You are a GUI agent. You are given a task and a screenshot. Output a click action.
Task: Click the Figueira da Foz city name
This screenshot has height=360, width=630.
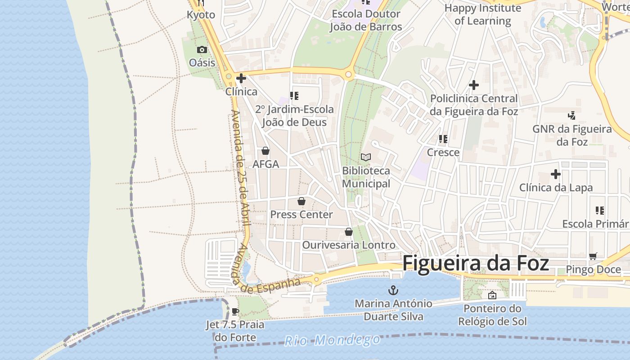click(476, 263)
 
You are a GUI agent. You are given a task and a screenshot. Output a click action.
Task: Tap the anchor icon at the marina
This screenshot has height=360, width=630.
click(393, 290)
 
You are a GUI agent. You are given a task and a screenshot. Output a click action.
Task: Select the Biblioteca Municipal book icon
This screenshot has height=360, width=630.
click(366, 157)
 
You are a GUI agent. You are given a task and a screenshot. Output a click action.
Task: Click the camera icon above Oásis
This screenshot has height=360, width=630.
click(202, 49)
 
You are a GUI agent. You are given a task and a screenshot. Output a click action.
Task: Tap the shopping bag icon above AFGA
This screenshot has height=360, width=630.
click(265, 151)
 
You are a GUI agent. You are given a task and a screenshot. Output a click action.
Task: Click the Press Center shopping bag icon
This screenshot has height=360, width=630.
click(301, 201)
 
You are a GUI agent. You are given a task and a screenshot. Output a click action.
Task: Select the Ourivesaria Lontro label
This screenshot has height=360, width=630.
click(349, 245)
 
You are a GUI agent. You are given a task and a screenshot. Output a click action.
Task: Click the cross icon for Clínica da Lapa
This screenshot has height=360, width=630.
click(556, 174)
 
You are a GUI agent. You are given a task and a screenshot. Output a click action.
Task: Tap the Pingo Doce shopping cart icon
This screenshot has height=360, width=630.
click(593, 256)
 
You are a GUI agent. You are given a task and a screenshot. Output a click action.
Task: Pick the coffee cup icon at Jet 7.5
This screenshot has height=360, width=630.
click(235, 311)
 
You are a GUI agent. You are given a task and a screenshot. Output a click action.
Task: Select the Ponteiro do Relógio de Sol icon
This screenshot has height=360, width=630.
click(492, 295)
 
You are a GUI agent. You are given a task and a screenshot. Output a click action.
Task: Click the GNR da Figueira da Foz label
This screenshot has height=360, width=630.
click(572, 135)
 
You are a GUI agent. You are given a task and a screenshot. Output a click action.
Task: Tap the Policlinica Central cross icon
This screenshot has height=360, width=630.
click(473, 85)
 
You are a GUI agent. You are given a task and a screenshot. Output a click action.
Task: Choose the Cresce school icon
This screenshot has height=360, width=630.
click(443, 139)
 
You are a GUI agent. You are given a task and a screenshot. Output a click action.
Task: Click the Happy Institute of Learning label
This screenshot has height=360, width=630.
click(482, 14)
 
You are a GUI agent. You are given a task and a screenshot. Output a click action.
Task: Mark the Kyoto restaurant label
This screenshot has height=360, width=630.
click(201, 15)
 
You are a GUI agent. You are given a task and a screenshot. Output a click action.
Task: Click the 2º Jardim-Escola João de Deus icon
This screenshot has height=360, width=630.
click(294, 95)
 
